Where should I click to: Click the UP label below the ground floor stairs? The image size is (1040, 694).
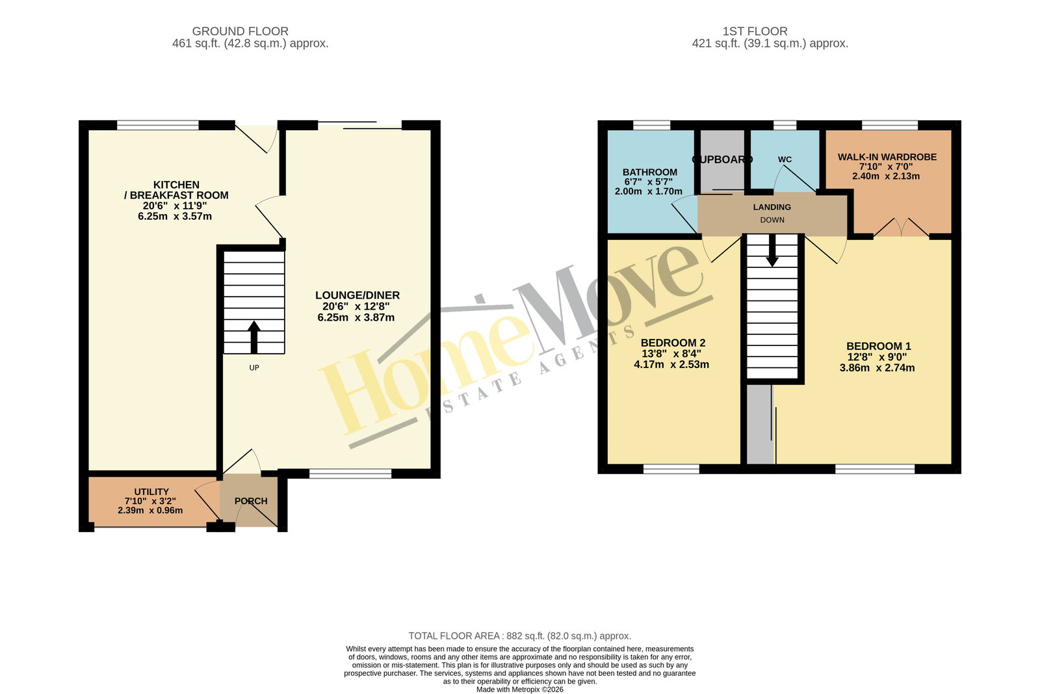coord(254,368)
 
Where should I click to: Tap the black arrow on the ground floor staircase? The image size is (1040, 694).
coord(254,338)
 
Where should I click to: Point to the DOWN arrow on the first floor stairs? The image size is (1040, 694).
coord(772,250)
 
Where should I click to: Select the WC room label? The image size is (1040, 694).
coord(785,159)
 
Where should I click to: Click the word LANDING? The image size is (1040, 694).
coord(772,207)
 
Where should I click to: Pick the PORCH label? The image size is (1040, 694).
coord(251,501)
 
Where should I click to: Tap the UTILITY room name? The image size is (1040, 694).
coord(151,492)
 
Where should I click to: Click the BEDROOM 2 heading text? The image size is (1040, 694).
coord(673,343)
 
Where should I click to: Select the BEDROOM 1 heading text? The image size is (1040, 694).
coord(878,346)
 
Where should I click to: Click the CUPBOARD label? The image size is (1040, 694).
coord(722,159)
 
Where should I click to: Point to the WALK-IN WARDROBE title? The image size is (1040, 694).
coord(887,157)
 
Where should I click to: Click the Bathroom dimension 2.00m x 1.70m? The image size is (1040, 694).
coord(649,191)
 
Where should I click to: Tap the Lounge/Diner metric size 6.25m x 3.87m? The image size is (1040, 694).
coord(356,318)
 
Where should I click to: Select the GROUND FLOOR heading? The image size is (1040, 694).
coord(240,31)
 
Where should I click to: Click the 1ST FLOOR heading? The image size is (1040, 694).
coord(755,31)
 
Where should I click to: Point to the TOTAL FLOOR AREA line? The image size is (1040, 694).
coord(519,636)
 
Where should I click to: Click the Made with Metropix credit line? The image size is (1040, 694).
coord(519,689)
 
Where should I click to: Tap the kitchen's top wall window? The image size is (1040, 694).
coord(158,125)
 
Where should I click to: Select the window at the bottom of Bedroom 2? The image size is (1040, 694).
coord(671,469)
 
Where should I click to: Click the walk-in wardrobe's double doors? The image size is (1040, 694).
coord(901,227)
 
